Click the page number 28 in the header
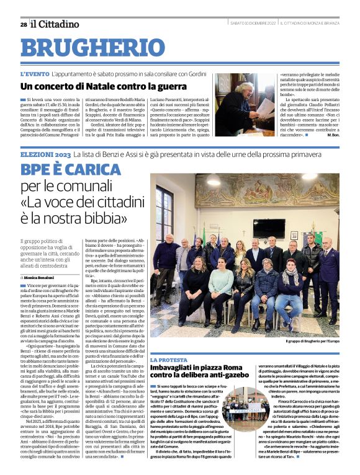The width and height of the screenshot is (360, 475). [x=23, y=25]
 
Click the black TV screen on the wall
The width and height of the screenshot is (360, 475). [x=269, y=228]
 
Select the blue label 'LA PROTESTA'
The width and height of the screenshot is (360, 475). [x=168, y=360]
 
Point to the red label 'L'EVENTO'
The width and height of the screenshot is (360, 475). [x=34, y=74]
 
